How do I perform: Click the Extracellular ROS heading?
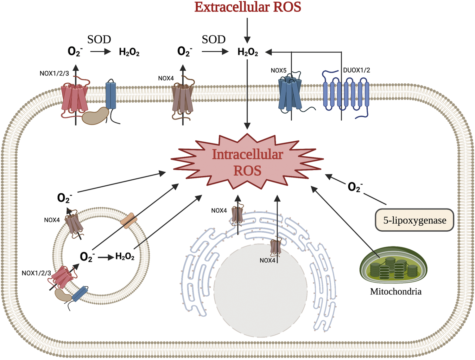click(x=248, y=7)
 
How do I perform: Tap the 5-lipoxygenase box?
click(x=414, y=220)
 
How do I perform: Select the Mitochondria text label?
click(x=396, y=292)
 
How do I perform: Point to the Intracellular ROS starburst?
click(x=247, y=162)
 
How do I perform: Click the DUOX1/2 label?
click(x=356, y=70)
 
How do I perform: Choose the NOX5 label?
click(x=278, y=70)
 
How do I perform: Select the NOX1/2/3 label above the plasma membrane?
click(x=54, y=74)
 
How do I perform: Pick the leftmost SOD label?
click(x=99, y=40)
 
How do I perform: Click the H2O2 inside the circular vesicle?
click(x=125, y=256)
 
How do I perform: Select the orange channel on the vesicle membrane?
click(x=128, y=221)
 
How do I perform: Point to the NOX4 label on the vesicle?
click(x=52, y=220)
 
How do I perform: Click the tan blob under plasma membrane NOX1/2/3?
click(x=95, y=116)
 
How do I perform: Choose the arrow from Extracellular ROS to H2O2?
click(x=247, y=30)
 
